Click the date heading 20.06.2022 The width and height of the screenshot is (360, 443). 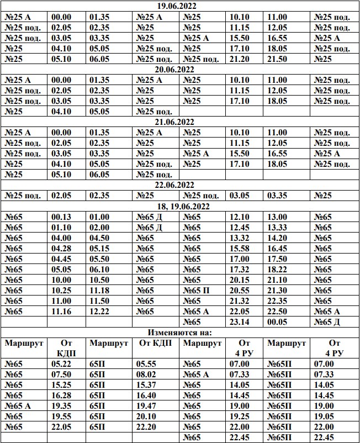click(x=180, y=70)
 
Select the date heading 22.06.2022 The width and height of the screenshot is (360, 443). click(x=180, y=184)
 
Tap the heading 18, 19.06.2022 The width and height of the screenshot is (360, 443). click(x=180, y=206)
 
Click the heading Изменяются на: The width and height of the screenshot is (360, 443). click(x=180, y=333)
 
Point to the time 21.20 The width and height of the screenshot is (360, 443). click(x=240, y=59)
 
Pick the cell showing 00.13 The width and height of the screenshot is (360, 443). click(x=61, y=217)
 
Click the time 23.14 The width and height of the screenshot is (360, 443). click(x=240, y=322)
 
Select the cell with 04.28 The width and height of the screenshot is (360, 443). click(x=61, y=248)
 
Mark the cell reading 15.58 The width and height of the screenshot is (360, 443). click(x=240, y=248)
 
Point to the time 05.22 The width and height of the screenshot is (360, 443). click(x=61, y=364)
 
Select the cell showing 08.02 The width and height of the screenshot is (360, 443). click(x=146, y=375)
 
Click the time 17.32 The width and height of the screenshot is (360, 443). click(x=240, y=269)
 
